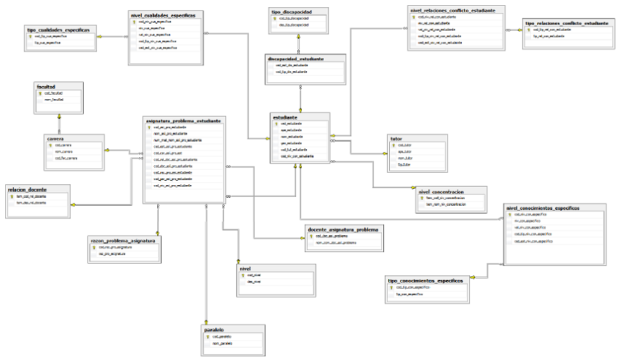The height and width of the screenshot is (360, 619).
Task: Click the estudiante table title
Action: pos(285,117)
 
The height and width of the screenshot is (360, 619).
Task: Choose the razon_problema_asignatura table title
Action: pos(122,240)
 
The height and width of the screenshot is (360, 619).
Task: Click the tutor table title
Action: pos(396,138)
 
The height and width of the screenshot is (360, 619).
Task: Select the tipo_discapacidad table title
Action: pos(293,12)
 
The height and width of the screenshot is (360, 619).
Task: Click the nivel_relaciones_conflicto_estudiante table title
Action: pos(458,10)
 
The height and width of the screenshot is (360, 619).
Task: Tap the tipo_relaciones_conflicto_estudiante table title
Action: pos(567,24)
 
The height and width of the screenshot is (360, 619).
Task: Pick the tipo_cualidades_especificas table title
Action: pos(58,29)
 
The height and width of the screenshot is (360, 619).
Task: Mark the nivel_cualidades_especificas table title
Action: pos(162,14)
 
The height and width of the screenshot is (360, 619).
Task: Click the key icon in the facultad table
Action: pos(40,93)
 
